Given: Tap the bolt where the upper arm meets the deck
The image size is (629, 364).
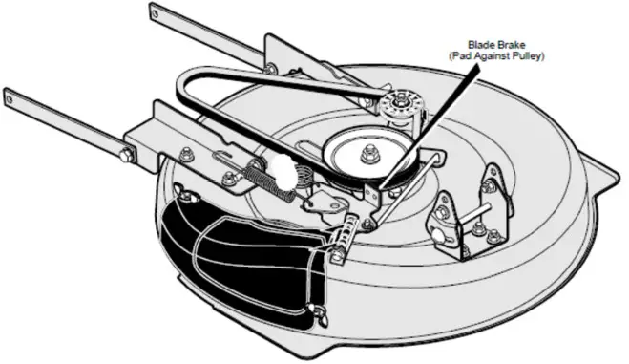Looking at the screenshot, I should (x=271, y=69).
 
